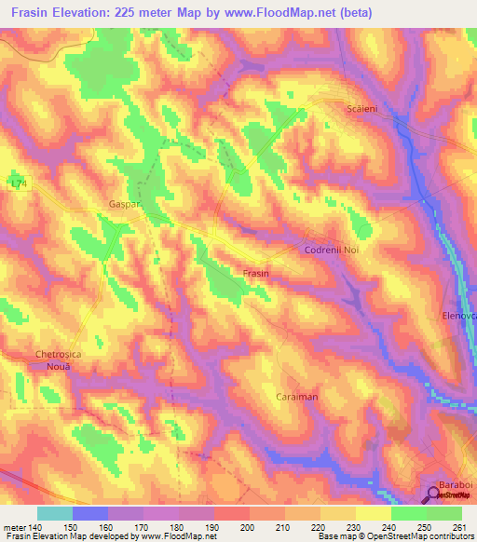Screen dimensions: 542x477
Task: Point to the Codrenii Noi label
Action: (331, 251)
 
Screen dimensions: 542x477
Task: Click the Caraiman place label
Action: (297, 397)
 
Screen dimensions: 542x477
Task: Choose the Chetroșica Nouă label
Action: (65, 360)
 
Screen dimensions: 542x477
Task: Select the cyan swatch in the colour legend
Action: (55, 513)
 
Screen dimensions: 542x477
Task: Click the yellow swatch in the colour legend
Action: (374, 513)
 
